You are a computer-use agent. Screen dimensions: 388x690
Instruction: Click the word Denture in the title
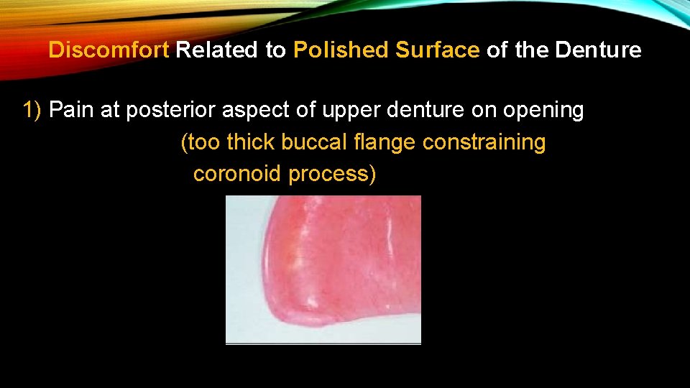pos(598,50)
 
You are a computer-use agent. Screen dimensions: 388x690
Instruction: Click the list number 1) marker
pos(32,111)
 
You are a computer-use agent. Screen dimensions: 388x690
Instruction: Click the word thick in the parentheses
pos(250,142)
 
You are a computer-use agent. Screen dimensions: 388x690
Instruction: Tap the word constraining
pos(484,142)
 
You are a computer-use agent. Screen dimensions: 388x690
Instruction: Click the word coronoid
pos(237,174)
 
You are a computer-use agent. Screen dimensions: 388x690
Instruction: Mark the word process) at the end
pos(332,174)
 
